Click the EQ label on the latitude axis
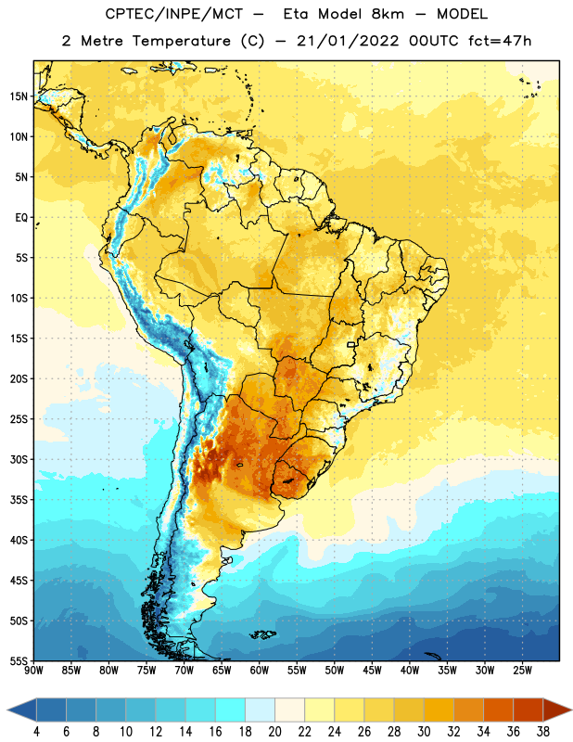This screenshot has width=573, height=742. (x=21, y=218)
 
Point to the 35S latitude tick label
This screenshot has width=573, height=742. (x=19, y=500)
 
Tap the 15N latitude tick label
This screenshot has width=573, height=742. (x=19, y=96)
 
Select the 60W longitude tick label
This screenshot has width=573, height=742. (x=260, y=670)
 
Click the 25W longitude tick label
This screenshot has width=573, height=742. (x=522, y=670)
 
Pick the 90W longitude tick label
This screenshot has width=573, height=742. (x=33, y=670)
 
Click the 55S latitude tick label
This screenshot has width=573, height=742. (x=19, y=661)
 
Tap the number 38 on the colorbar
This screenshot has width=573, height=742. (x=543, y=732)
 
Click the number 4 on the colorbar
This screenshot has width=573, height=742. (x=36, y=732)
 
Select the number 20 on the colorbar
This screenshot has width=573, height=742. (x=274, y=732)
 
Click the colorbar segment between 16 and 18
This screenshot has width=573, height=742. (x=230, y=710)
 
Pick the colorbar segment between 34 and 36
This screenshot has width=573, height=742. (x=498, y=710)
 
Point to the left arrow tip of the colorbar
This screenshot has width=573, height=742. (x=8, y=710)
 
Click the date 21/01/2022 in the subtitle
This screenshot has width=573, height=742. (x=349, y=41)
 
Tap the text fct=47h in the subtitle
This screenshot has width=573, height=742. (x=500, y=41)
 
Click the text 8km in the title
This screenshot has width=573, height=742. (x=388, y=14)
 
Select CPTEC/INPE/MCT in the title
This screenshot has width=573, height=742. (x=174, y=14)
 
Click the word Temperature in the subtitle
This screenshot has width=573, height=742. (x=182, y=41)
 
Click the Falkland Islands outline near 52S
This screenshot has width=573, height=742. (x=262, y=634)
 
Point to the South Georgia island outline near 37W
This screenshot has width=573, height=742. (x=433, y=656)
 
